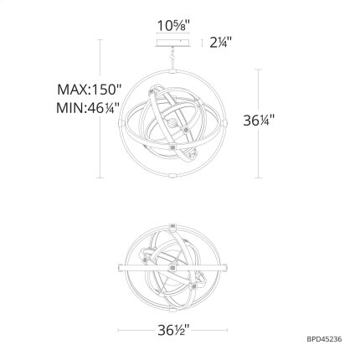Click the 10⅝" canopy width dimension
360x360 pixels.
click(173, 26)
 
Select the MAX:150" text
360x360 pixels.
click(90, 90)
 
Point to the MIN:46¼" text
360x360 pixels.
click(88, 108)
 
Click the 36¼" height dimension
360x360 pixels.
click(259, 121)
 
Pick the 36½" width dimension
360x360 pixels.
click(173, 331)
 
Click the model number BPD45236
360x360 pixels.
click(324, 339)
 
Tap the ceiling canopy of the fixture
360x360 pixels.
click(173, 44)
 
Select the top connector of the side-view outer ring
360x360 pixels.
click(173, 71)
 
